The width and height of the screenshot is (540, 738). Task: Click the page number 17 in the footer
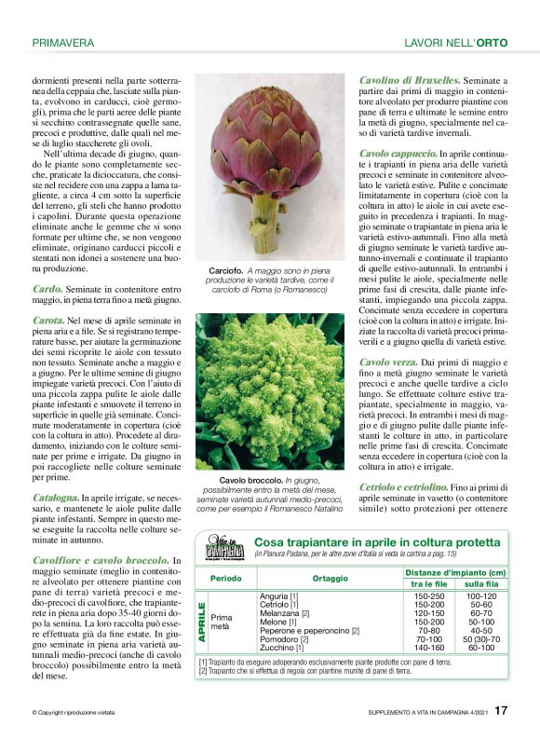tap(501, 710)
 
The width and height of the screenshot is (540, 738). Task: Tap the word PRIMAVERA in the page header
tap(62, 43)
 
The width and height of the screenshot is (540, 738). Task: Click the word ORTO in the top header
tap(493, 43)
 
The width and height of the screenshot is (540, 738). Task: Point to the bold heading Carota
tap(49, 320)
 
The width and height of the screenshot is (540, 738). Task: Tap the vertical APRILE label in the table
tap(201, 621)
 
